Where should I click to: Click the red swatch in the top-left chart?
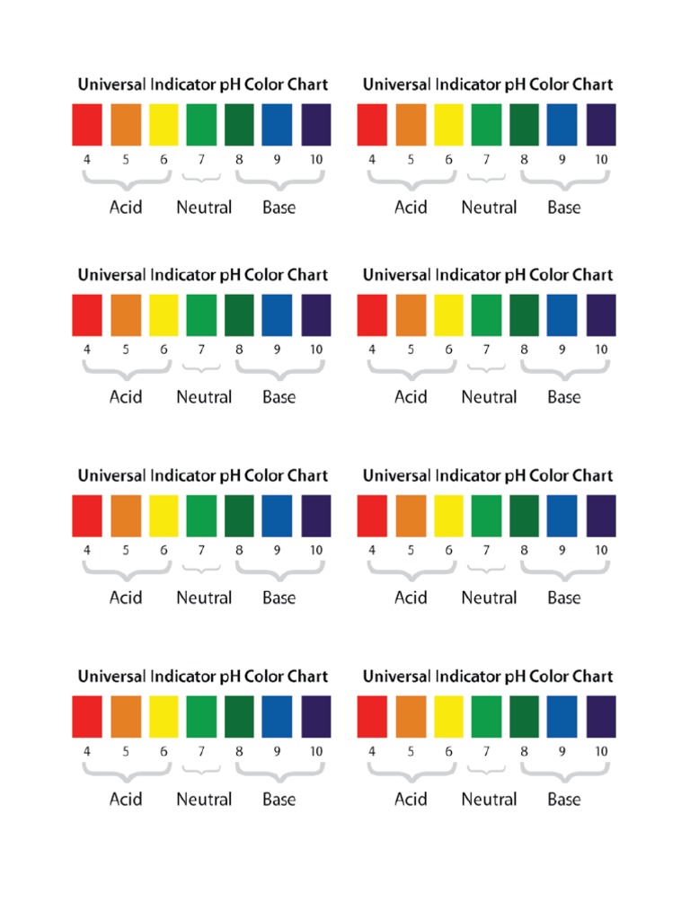[87, 125]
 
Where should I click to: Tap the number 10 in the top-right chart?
[601, 159]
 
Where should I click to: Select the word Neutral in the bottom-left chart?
[204, 799]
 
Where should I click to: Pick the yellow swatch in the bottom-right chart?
[448, 717]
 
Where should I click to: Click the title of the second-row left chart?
[203, 275]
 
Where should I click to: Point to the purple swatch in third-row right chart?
[601, 516]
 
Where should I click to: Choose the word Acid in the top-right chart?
[411, 208]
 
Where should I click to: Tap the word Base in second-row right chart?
[564, 397]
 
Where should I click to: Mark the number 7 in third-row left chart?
[201, 550]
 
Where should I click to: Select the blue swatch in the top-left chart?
[278, 125]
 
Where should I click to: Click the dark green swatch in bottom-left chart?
[239, 717]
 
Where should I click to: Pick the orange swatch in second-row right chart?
[411, 315]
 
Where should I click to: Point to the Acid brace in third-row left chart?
[126, 568]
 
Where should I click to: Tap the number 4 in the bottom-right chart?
[372, 751]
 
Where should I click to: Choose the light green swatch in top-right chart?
[486, 125]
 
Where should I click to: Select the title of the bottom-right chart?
[488, 677]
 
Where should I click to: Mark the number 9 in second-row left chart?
[278, 349]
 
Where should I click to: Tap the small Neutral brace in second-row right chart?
[486, 367]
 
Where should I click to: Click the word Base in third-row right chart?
[564, 597]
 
